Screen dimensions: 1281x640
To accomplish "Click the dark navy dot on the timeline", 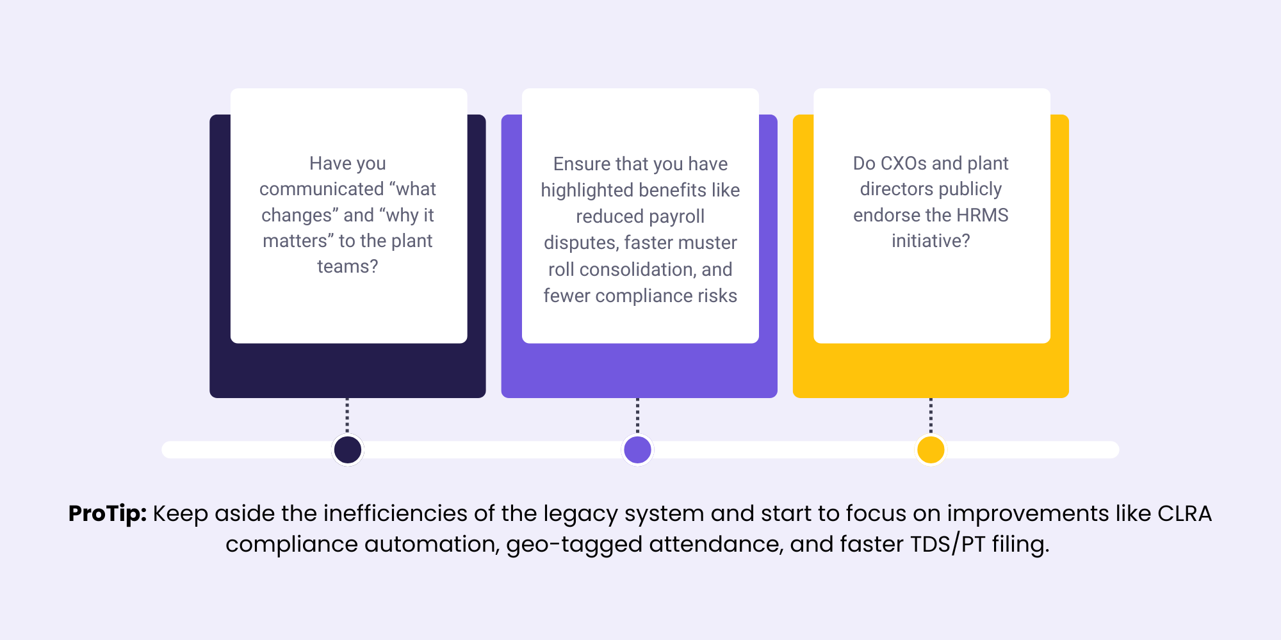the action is click(x=348, y=449).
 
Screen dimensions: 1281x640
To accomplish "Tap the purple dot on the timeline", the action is click(x=637, y=449).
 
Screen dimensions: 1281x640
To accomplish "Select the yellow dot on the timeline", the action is click(x=931, y=449).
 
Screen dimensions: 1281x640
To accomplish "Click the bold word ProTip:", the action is click(x=108, y=514).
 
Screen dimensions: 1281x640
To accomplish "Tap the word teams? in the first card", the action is click(x=348, y=266).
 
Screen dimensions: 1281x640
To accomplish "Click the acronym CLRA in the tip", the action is click(x=1184, y=514).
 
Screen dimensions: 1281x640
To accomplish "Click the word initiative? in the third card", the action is click(x=931, y=241).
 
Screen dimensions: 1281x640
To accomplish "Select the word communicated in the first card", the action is click(x=322, y=189).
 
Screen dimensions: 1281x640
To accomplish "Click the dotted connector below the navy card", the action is click(x=347, y=416).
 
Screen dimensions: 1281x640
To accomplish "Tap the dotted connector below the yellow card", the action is click(x=931, y=416).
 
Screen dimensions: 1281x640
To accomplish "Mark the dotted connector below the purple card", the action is click(x=637, y=416).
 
